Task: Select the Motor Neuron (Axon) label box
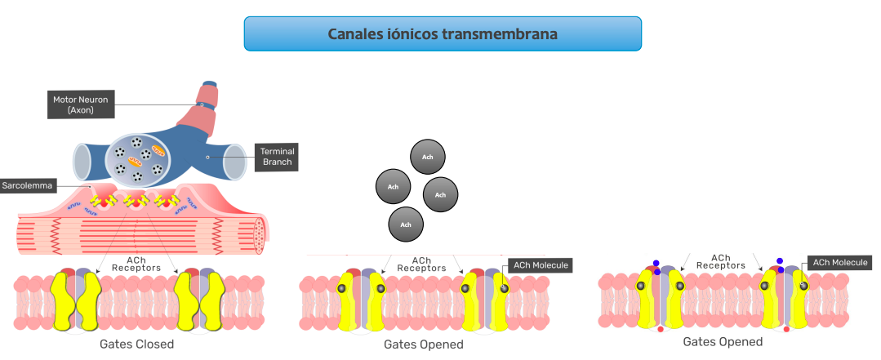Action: click(80, 104)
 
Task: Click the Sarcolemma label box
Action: click(27, 186)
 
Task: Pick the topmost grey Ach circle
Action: click(427, 156)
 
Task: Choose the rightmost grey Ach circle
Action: click(440, 194)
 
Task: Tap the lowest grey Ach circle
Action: click(407, 224)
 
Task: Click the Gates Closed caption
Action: click(136, 344)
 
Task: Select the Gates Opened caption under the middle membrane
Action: click(423, 344)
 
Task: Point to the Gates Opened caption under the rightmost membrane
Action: click(723, 341)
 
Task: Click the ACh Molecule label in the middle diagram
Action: click(539, 264)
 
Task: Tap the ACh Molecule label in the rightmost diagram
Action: click(839, 262)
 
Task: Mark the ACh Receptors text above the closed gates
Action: click(136, 264)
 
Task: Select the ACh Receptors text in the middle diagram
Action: click(421, 264)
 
